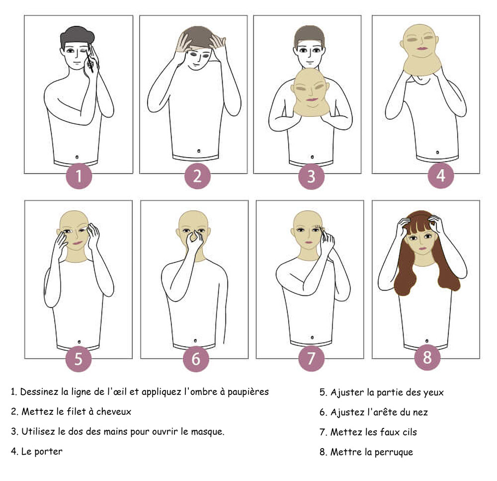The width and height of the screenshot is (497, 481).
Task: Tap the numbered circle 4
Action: click(441, 176)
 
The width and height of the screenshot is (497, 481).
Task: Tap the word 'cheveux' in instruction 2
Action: click(115, 412)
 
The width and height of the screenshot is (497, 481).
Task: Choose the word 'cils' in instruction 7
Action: click(408, 432)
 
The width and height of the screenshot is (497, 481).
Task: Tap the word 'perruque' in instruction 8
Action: click(395, 452)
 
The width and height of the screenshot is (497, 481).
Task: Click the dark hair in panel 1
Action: click(77, 36)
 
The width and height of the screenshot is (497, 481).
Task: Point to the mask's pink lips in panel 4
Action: click(422, 49)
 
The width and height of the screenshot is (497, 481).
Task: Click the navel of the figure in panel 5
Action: click(80, 341)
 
